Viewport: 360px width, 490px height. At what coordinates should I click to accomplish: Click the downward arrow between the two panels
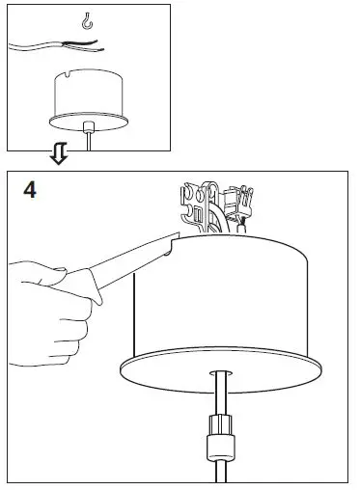(58, 155)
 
